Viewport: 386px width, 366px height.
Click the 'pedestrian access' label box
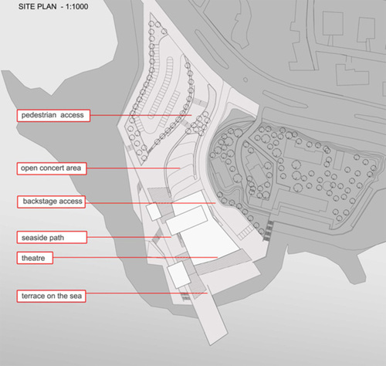(53, 115)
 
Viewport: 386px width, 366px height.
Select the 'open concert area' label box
(52, 168)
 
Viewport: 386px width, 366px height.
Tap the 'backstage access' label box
(52, 202)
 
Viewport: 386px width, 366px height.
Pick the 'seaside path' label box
(52, 237)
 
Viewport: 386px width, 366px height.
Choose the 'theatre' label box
(35, 258)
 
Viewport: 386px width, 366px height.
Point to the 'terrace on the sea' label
(51, 296)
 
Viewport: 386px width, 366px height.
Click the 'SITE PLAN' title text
(37, 7)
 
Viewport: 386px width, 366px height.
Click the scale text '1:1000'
(76, 7)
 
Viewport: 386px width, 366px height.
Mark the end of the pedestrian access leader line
(192, 115)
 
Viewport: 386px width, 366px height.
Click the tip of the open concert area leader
(180, 168)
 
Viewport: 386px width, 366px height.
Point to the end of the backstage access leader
(215, 203)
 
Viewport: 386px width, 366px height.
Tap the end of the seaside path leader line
(171, 237)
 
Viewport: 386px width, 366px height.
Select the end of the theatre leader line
(218, 257)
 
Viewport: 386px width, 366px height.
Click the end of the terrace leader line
(208, 293)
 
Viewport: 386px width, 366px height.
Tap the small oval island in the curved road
(245, 80)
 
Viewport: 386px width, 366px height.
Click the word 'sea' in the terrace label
(76, 296)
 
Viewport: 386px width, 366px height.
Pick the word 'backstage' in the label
(39, 202)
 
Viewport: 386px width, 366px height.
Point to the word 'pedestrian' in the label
(39, 115)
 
